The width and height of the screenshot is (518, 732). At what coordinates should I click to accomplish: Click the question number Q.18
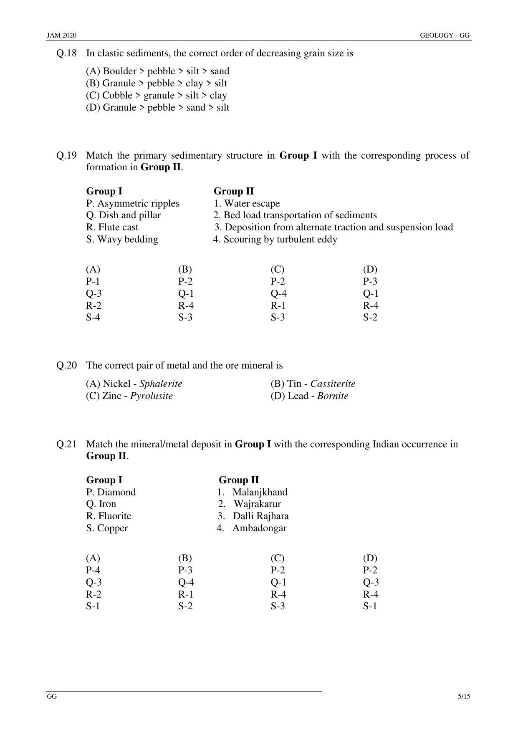tap(66, 53)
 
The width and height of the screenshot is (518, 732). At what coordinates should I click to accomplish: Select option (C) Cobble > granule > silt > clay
tap(156, 95)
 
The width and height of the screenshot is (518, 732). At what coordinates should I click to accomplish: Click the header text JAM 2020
tap(61, 35)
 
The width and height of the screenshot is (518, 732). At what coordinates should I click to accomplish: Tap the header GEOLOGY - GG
tap(445, 35)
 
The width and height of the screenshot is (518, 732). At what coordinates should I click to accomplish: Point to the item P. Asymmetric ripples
tap(133, 203)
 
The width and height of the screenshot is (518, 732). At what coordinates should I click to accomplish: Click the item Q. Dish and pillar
tap(124, 215)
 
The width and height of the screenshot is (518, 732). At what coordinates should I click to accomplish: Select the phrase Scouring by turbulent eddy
tap(280, 239)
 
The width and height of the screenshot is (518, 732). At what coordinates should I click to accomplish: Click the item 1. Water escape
tap(247, 203)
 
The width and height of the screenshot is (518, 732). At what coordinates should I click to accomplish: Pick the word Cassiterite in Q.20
tap(333, 384)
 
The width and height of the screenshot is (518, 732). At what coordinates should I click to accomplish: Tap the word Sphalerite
tap(161, 384)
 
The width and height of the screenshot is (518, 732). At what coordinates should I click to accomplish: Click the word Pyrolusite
tap(151, 396)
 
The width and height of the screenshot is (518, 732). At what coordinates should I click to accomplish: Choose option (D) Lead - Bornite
tap(309, 396)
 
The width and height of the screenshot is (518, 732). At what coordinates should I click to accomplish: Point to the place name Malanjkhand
tap(260, 492)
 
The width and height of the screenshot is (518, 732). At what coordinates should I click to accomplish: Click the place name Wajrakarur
tap(257, 504)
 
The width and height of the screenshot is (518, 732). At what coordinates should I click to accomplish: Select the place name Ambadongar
tap(259, 528)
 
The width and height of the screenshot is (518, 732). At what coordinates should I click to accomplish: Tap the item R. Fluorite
tap(109, 516)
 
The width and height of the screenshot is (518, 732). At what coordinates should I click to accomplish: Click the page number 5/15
tap(464, 696)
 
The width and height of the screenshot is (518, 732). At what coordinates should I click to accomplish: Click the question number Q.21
tap(66, 444)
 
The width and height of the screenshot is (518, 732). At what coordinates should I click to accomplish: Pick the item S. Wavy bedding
tap(122, 239)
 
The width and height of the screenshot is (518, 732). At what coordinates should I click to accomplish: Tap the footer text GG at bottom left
tap(52, 696)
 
